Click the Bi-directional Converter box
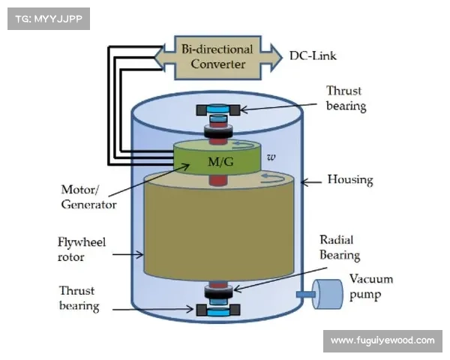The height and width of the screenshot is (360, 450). click(x=217, y=56)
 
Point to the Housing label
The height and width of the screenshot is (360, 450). click(x=350, y=180)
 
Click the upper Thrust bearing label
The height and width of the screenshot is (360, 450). click(x=346, y=98)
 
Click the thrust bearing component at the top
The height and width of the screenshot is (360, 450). click(x=217, y=109)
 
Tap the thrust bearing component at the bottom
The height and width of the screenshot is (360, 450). click(x=217, y=308)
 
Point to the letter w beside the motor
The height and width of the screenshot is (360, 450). click(x=271, y=157)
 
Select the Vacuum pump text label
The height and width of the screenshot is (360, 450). click(x=370, y=286)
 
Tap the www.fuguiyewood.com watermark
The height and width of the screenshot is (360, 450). click(x=382, y=340)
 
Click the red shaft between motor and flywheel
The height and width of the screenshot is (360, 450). click(x=217, y=181)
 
